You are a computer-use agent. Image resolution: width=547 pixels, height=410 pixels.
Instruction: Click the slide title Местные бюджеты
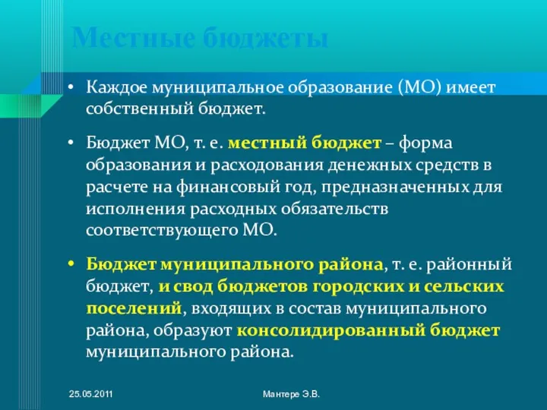[x=201, y=37]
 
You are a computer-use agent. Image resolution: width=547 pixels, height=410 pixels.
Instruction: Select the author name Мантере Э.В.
[x=291, y=395]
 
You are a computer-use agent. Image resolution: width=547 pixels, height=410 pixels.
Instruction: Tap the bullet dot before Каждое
[x=70, y=88]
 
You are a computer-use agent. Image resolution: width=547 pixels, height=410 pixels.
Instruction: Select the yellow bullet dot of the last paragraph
[x=70, y=266]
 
